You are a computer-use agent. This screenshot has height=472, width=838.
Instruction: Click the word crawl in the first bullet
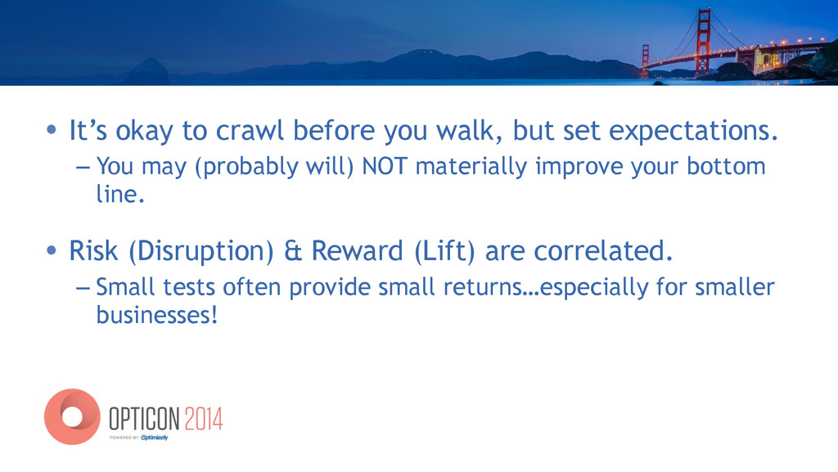[x=249, y=130]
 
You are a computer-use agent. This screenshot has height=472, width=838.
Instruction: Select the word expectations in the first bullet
[x=693, y=131]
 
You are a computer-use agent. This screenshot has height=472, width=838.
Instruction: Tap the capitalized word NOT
[x=385, y=166]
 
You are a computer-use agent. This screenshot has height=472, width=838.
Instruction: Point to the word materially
[x=471, y=167]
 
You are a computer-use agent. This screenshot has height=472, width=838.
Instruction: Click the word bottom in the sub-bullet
[x=726, y=166]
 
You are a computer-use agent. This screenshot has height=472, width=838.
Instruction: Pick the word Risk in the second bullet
[x=93, y=250]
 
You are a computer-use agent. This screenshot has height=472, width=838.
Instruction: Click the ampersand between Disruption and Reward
[x=293, y=251]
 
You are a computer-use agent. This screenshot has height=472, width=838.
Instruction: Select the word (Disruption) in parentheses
[x=201, y=251]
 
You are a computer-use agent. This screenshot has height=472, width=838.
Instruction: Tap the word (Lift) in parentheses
[x=444, y=251]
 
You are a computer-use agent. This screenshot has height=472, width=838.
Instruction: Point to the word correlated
[x=603, y=250]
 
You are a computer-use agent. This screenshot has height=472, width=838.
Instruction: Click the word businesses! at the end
[x=157, y=314]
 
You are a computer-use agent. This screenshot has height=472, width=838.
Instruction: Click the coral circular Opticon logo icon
[x=72, y=416]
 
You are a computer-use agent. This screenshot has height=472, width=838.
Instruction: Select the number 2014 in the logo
[x=203, y=419]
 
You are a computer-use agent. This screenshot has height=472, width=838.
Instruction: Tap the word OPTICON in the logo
[x=144, y=419]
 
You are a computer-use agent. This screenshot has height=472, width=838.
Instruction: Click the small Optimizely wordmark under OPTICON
[x=155, y=438]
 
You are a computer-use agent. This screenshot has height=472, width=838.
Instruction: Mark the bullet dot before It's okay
[x=52, y=130]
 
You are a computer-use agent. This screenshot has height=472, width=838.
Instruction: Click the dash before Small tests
[x=83, y=288]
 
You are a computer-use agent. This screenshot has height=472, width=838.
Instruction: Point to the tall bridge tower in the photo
[x=704, y=42]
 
